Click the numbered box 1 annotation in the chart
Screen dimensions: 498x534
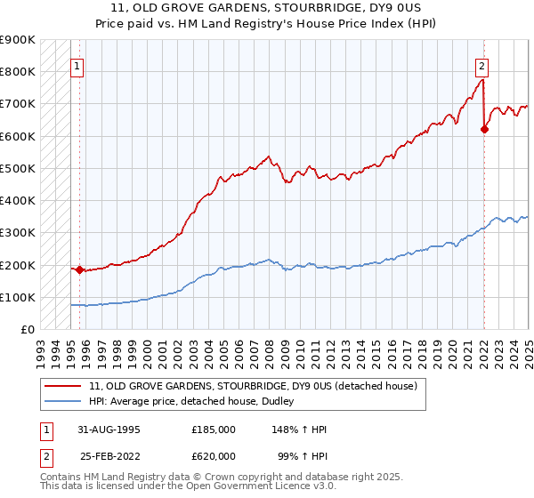(x=77, y=65)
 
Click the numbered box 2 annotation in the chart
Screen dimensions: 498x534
(x=481, y=65)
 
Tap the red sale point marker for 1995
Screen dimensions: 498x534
(x=79, y=269)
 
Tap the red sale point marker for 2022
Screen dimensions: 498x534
(x=484, y=129)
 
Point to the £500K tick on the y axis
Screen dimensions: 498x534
(x=19, y=168)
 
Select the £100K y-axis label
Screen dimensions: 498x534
(x=19, y=297)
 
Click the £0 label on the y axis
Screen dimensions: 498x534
(x=28, y=330)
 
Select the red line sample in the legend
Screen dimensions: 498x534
(x=64, y=386)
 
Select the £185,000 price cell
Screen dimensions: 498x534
(x=214, y=430)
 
